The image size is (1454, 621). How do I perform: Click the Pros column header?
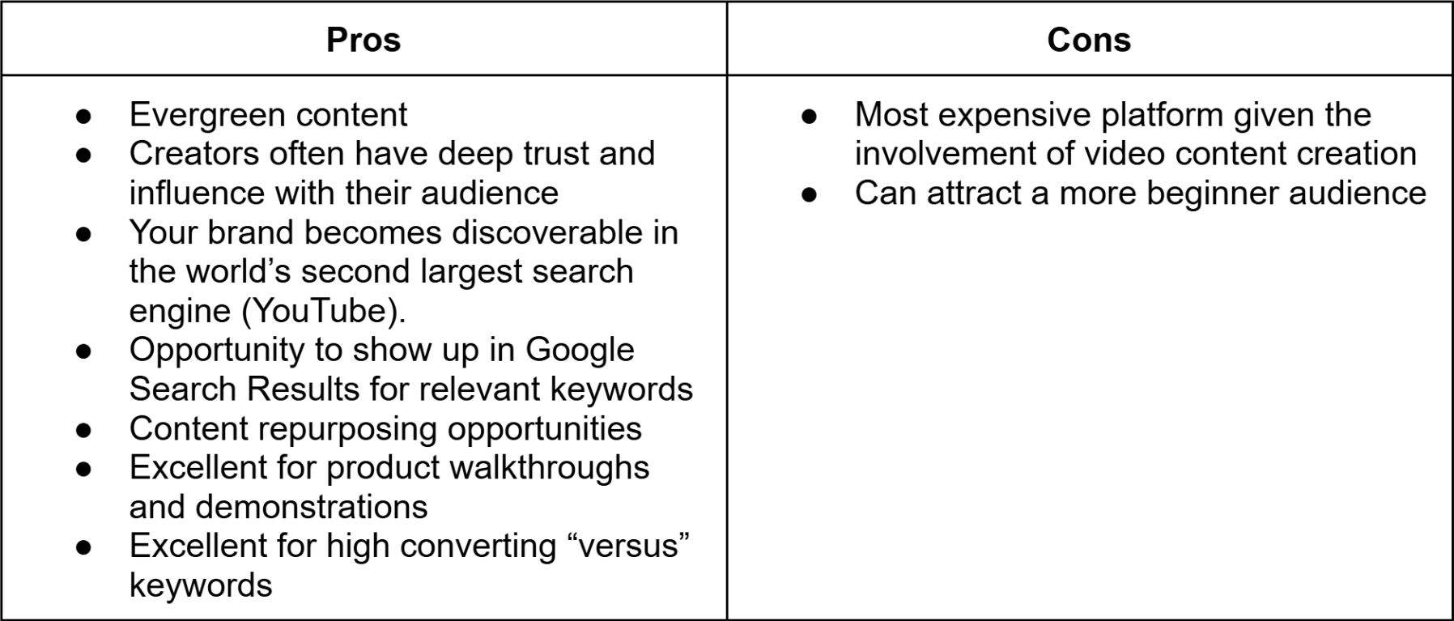click(x=363, y=40)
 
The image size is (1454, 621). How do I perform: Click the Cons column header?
click(x=1089, y=40)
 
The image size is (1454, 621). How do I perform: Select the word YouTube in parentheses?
click(x=324, y=311)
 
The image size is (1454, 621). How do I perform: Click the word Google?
click(x=580, y=350)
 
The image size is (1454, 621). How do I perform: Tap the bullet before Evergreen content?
click(x=83, y=116)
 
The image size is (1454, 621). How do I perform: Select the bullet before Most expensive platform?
click(x=808, y=116)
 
